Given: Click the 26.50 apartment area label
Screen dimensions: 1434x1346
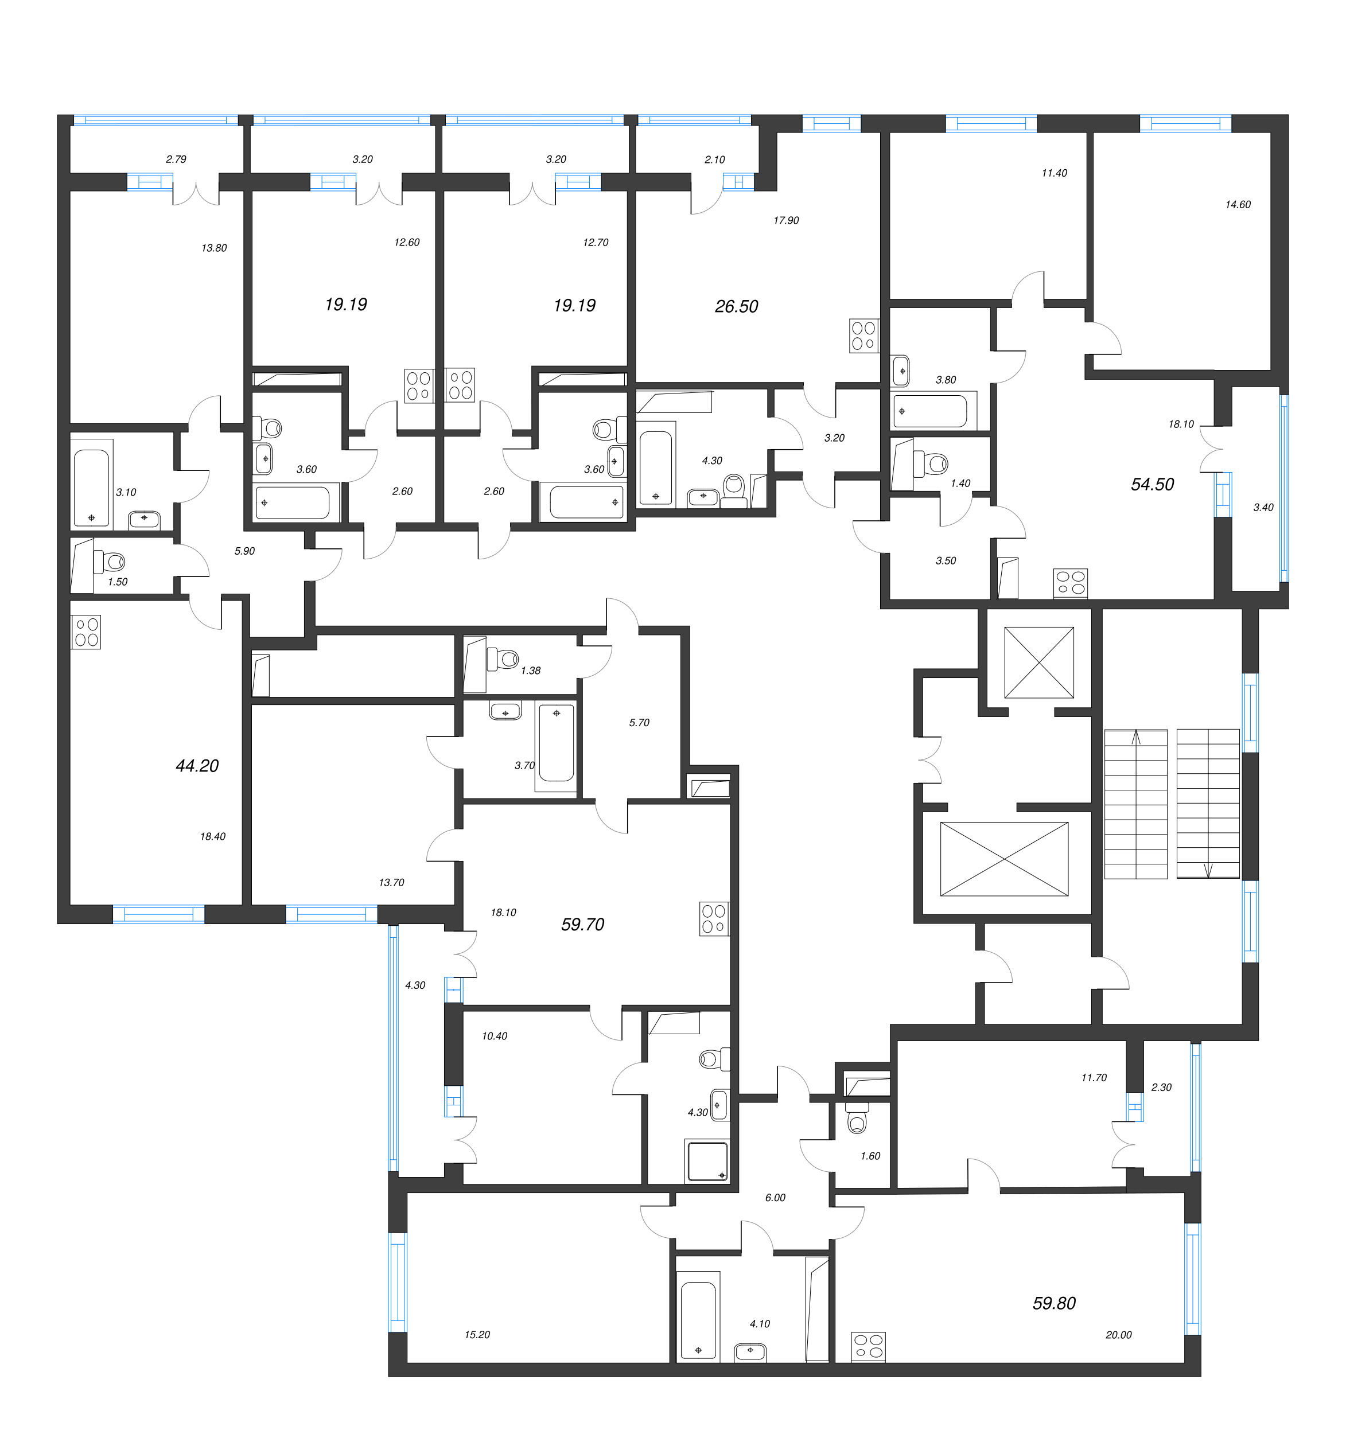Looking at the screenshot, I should point(737,306).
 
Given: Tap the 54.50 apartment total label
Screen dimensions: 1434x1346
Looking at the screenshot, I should point(1152,484).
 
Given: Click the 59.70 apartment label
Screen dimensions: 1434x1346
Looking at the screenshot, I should point(582,924).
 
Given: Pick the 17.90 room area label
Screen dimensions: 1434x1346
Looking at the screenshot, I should point(785,220).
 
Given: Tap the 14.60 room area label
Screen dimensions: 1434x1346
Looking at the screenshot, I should point(1237,204).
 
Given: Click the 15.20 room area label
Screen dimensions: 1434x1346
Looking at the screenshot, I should point(477,1334).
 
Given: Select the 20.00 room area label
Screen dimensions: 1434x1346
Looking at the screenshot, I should point(1118,1334).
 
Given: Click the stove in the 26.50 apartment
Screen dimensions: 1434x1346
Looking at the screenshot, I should point(863,336).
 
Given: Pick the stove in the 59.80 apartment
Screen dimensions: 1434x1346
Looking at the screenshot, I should point(867,1346).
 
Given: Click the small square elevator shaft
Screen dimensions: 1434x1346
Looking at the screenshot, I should point(1038,661).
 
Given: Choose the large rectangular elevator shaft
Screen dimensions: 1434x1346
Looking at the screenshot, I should point(1003,859).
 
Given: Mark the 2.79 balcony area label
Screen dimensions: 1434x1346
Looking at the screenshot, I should point(176,159).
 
